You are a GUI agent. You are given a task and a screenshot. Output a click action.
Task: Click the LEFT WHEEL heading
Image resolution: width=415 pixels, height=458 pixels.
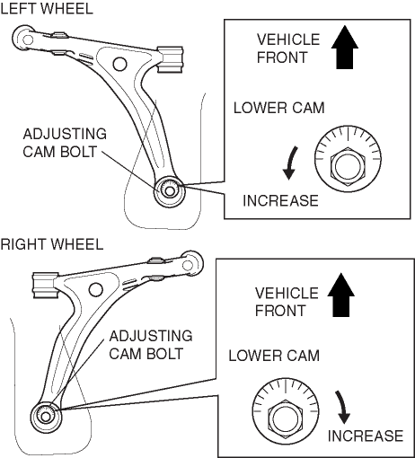click(x=47, y=8)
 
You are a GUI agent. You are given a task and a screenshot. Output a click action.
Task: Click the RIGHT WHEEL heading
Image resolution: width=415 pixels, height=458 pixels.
click(x=52, y=244)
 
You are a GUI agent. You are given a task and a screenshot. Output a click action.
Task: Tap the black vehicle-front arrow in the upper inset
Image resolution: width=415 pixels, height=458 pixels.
click(x=345, y=48)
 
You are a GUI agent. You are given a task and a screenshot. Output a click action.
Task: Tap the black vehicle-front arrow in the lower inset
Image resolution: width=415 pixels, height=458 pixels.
click(x=340, y=295)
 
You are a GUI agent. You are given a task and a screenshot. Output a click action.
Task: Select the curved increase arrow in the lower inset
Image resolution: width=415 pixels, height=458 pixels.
click(x=342, y=407)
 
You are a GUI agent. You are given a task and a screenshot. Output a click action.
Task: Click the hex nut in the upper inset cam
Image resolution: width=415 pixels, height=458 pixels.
click(x=348, y=166)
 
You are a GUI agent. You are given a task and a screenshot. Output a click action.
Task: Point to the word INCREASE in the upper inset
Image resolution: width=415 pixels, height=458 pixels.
click(x=280, y=200)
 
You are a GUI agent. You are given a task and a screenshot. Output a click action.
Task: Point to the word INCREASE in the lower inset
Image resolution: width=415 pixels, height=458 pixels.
click(x=366, y=436)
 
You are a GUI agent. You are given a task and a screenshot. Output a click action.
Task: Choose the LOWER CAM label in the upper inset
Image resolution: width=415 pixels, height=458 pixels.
click(x=279, y=108)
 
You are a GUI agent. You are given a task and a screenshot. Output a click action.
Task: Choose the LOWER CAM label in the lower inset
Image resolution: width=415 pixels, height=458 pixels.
click(x=274, y=356)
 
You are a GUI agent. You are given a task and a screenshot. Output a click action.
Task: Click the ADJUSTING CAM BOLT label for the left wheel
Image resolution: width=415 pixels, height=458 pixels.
click(x=65, y=143)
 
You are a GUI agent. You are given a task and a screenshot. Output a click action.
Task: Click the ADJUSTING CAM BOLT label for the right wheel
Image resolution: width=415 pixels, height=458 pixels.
click(x=151, y=345)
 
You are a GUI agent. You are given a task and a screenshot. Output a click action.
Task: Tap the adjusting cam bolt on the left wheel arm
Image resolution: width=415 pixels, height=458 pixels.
click(x=170, y=190)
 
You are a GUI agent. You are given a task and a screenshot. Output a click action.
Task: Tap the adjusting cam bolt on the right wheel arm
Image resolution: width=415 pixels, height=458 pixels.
click(x=46, y=417)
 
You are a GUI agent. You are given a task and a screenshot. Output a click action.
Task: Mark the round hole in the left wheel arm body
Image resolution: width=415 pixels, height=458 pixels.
click(x=119, y=64)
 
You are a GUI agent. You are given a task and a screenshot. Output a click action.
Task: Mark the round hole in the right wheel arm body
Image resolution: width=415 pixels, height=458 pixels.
click(x=96, y=289)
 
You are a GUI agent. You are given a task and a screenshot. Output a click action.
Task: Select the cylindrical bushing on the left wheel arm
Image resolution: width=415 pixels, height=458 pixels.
click(x=170, y=59)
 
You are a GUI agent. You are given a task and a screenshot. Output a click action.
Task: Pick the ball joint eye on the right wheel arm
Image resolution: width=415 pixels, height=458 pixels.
click(x=189, y=265)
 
